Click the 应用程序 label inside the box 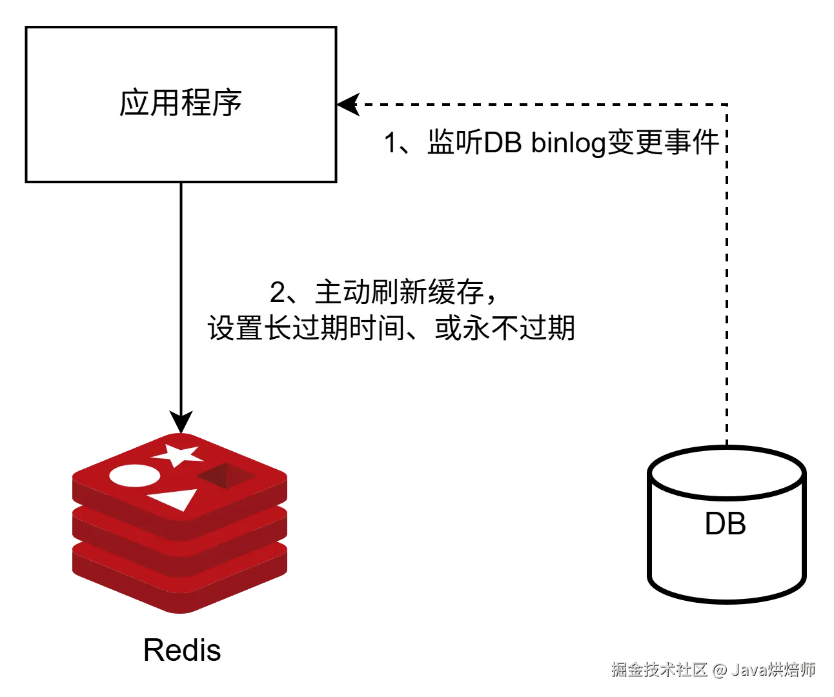181,103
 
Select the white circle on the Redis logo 135,476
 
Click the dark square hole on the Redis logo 226,476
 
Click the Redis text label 182,651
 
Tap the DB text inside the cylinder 726,523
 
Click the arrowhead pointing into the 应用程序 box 349,105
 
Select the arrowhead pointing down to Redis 181,422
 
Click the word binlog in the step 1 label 569,143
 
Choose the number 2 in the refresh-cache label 277,292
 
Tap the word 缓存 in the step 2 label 456,292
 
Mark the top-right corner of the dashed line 727,105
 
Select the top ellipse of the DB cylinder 727,473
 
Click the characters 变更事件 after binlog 663,142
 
